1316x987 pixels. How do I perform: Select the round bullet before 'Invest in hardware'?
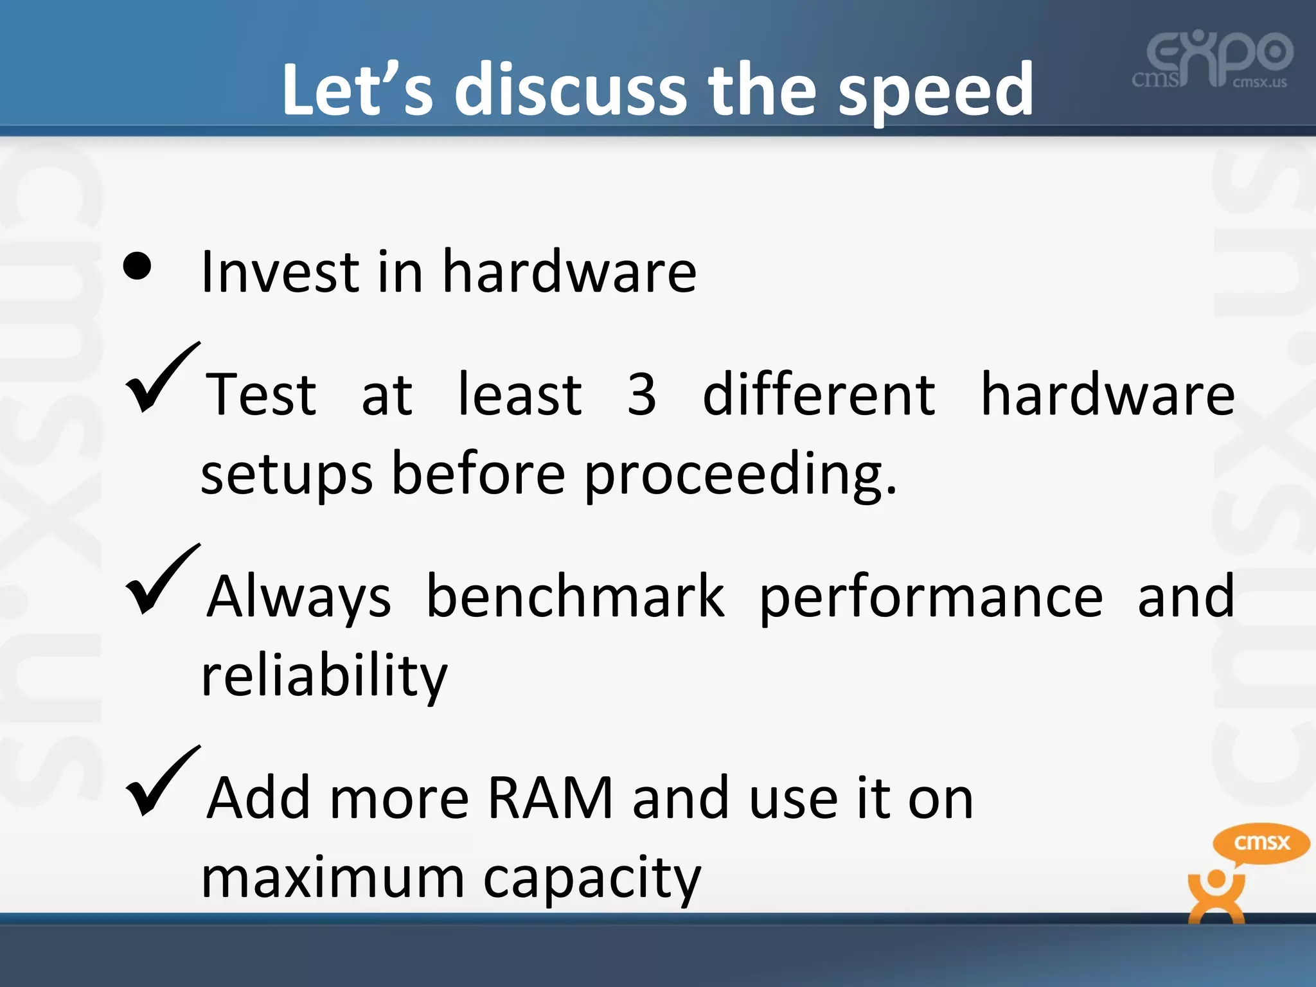tap(137, 265)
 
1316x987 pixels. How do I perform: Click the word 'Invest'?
tap(280, 272)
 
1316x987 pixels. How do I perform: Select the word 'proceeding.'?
tap(740, 476)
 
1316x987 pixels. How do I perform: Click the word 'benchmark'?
tap(575, 597)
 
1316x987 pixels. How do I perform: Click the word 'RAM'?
tap(550, 799)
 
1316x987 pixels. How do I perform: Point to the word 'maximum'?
tap(332, 879)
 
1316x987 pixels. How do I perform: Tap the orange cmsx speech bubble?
tap(1261, 843)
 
